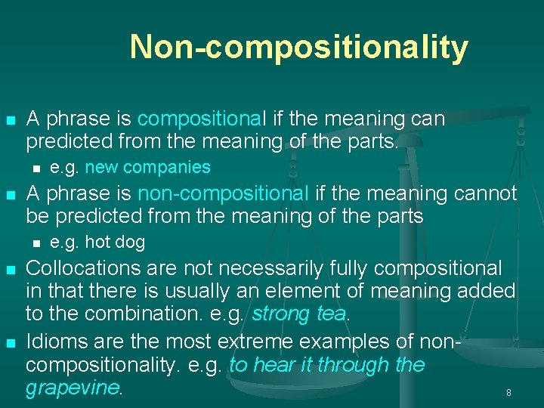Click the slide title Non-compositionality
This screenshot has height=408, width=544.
click(298, 47)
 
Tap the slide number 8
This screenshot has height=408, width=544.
click(508, 393)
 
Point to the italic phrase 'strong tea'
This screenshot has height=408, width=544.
click(299, 314)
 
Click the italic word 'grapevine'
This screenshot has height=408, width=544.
click(73, 388)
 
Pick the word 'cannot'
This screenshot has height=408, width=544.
click(487, 194)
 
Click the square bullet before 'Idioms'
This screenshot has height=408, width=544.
click(10, 343)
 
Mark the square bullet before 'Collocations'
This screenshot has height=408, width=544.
click(10, 270)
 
